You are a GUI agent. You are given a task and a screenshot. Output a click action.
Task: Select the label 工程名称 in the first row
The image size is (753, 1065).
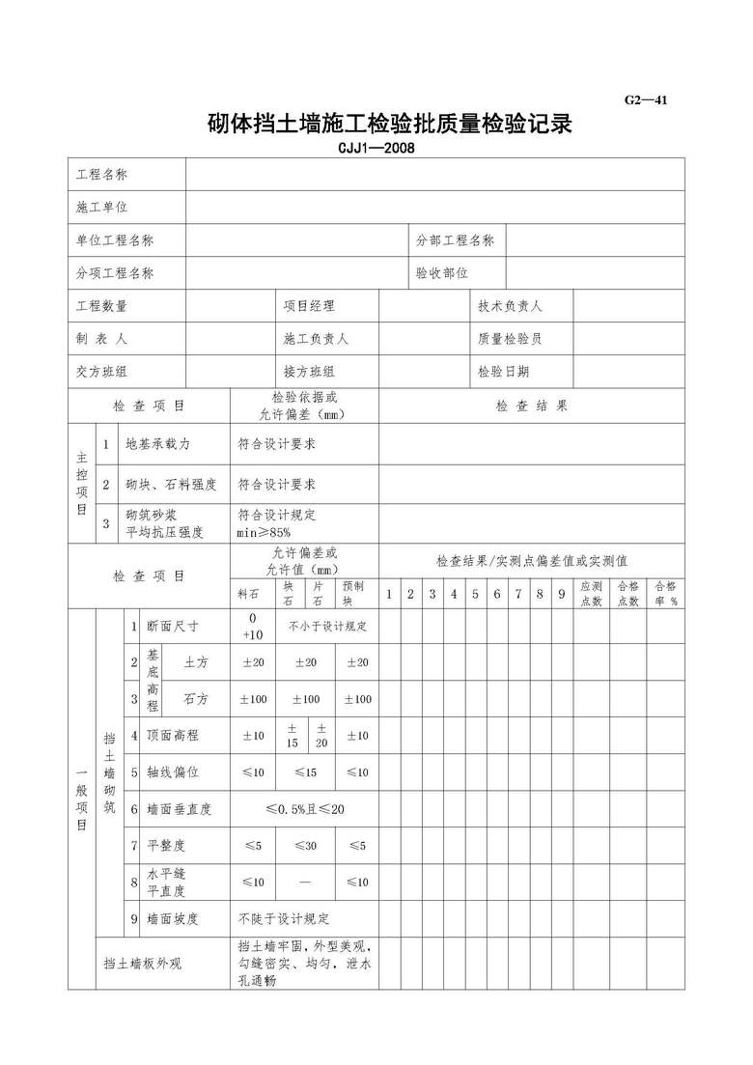[101, 175]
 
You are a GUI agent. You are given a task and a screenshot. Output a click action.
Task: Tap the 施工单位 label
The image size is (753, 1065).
[101, 208]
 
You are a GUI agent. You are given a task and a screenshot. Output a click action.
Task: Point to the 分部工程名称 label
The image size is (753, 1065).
[455, 240]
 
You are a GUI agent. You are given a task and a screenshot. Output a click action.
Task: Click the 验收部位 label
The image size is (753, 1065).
[441, 273]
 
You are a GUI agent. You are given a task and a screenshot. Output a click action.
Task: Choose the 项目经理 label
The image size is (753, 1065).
[309, 306]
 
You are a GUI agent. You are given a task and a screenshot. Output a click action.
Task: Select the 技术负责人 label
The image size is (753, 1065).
[510, 306]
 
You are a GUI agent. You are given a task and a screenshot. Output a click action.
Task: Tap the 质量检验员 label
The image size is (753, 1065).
[510, 339]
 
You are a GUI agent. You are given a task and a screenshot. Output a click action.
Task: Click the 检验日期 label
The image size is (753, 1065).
[503, 372]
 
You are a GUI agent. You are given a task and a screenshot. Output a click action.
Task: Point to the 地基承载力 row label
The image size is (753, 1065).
[158, 444]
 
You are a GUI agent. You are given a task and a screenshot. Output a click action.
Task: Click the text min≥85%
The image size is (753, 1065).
[264, 532]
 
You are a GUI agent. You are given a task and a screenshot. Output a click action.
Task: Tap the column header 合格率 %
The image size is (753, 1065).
[666, 593]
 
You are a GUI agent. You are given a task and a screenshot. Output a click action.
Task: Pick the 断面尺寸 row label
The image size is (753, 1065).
[173, 627]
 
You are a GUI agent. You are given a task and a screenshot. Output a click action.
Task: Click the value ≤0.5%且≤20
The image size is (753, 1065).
[304, 809]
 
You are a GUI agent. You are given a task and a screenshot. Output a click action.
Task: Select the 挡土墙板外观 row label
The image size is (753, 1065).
[142, 964]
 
